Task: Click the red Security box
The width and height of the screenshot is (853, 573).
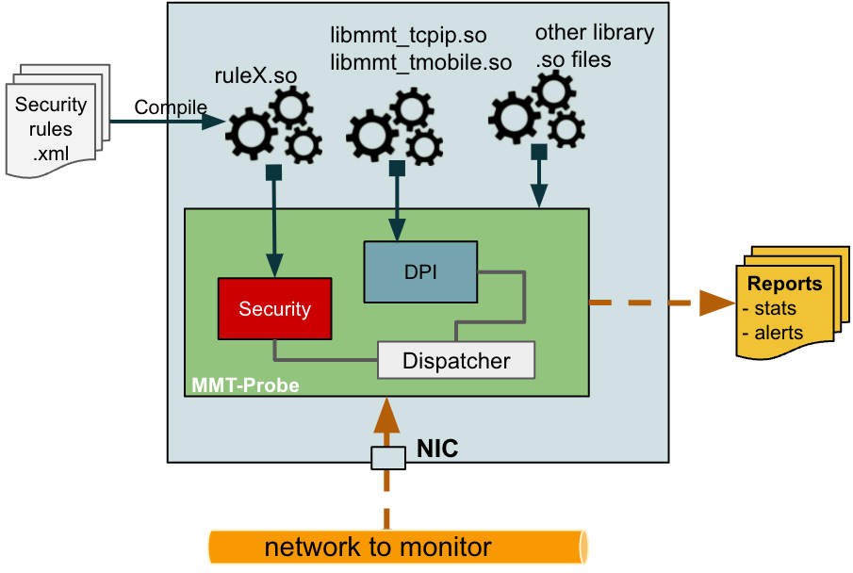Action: pyautogui.click(x=274, y=308)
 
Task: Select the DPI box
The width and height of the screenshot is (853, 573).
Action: pyautogui.click(x=419, y=271)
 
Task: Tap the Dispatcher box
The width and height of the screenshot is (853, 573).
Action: pyautogui.click(x=456, y=360)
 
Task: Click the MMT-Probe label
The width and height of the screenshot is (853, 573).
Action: pyautogui.click(x=245, y=385)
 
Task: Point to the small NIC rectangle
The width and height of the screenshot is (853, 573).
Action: pyautogui.click(x=386, y=458)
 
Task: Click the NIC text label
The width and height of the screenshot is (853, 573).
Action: pyautogui.click(x=437, y=449)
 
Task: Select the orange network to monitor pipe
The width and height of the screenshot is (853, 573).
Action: pyautogui.click(x=397, y=547)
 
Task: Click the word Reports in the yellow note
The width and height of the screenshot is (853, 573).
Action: pyautogui.click(x=784, y=284)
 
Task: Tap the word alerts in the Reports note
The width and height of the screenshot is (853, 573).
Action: pyautogui.click(x=779, y=332)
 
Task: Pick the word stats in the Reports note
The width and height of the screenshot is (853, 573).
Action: pyautogui.click(x=775, y=308)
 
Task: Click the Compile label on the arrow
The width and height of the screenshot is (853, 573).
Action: pyautogui.click(x=170, y=107)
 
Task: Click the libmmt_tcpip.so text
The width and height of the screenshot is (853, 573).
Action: pyautogui.click(x=408, y=37)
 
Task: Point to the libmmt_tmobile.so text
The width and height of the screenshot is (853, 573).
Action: pyautogui.click(x=420, y=63)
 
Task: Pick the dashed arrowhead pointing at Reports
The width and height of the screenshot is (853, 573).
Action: pyautogui.click(x=719, y=303)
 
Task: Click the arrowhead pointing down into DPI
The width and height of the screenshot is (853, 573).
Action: pyautogui.click(x=397, y=231)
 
